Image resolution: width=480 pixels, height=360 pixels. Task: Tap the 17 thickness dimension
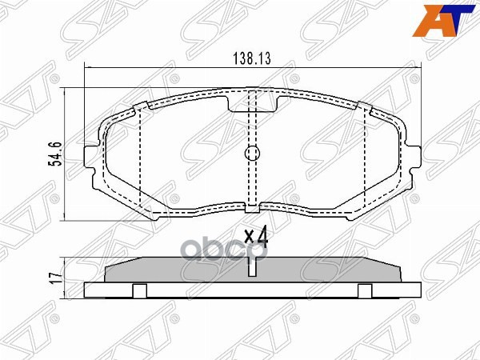pyautogui.click(x=55, y=278)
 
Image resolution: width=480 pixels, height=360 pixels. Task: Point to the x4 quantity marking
pyautogui.click(x=255, y=237)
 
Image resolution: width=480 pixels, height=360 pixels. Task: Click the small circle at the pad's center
pyautogui.click(x=252, y=154)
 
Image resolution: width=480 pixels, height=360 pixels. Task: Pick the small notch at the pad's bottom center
pyautogui.click(x=252, y=210)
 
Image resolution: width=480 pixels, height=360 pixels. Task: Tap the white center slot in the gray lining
pyautogui.click(x=252, y=269)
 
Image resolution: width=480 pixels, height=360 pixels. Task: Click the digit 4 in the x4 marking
pyautogui.click(x=262, y=237)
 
